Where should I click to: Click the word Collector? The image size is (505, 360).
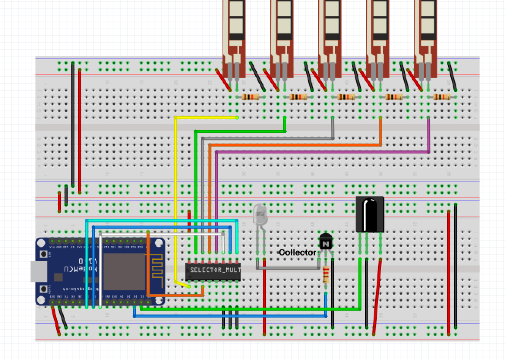point(297,253)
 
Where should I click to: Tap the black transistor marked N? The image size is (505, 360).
point(325,242)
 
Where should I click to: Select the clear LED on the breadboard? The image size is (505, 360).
point(260,215)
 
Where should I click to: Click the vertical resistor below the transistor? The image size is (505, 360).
point(326,275)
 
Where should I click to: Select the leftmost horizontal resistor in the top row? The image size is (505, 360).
point(250,97)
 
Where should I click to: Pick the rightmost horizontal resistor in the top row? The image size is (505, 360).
point(442,97)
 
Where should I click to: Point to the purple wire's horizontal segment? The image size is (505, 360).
point(323,152)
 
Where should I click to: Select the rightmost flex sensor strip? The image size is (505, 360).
point(425,38)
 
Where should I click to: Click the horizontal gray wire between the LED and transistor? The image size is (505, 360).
point(289,268)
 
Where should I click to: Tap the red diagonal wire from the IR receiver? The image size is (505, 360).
point(377,296)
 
